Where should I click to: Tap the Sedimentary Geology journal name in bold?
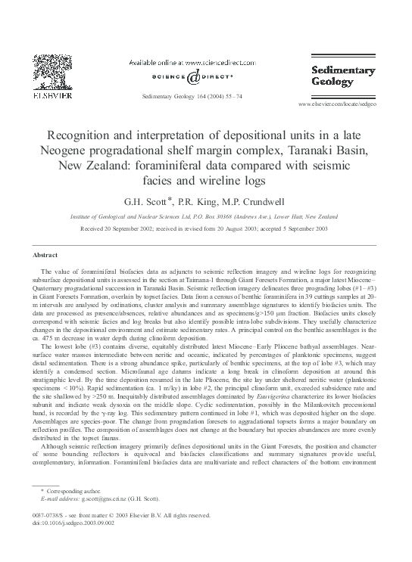coord(344,76)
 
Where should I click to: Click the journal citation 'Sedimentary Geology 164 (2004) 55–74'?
coord(192,97)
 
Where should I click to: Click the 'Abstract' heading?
coord(47,256)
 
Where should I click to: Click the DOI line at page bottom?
coord(70,522)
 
